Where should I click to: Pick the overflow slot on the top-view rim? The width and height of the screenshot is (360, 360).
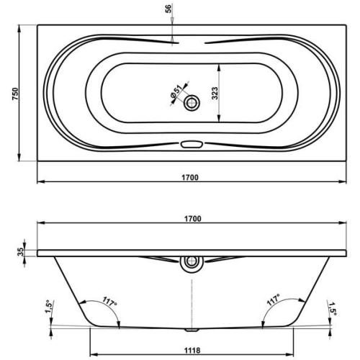[192, 144]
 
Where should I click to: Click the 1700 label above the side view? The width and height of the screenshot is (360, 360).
[192, 217]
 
